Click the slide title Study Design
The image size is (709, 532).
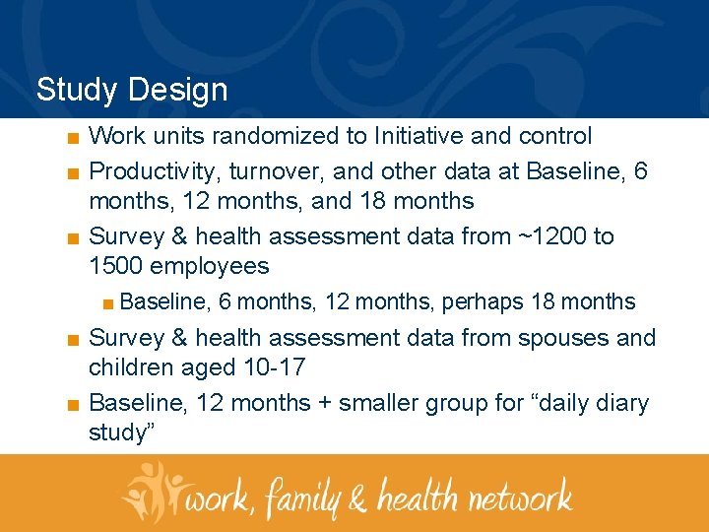tap(131, 91)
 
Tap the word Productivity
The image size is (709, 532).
tap(155, 171)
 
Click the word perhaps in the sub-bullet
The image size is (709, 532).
tap(484, 301)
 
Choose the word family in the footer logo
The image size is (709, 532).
tap(300, 496)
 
